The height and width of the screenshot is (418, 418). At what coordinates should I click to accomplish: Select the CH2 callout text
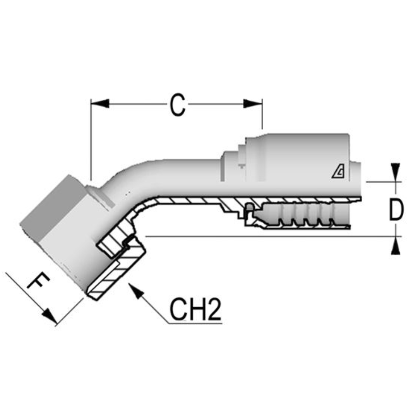point(195,310)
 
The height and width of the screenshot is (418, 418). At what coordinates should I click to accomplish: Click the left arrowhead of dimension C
point(100,104)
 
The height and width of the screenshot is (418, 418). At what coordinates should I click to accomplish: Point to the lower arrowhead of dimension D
point(395,246)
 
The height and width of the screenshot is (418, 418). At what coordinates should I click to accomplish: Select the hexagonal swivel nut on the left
point(58,228)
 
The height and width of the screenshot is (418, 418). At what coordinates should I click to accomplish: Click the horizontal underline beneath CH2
point(195,323)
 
